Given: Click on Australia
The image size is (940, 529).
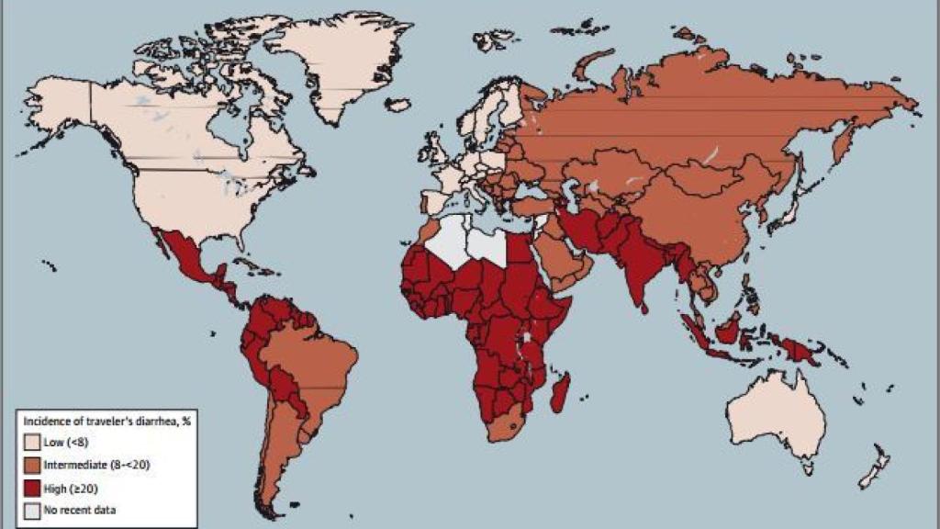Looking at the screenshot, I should click(x=776, y=418).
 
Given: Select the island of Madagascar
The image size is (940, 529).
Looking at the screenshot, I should click(x=562, y=393).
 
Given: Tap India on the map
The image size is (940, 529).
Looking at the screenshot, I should click(x=639, y=262).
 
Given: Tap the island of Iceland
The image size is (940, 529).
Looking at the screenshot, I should click(x=397, y=106).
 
